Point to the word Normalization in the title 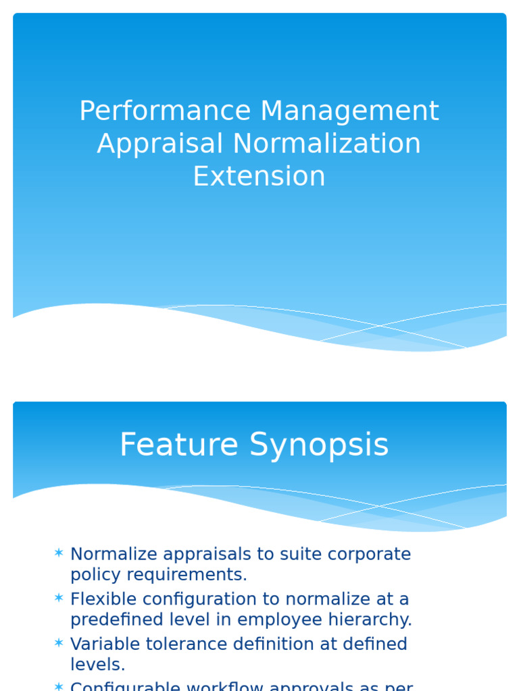point(327,144)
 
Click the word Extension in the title point(259,176)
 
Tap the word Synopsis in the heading point(319,445)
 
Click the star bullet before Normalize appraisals point(59,553)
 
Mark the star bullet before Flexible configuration point(59,599)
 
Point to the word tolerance point(187,644)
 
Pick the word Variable point(102,644)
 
